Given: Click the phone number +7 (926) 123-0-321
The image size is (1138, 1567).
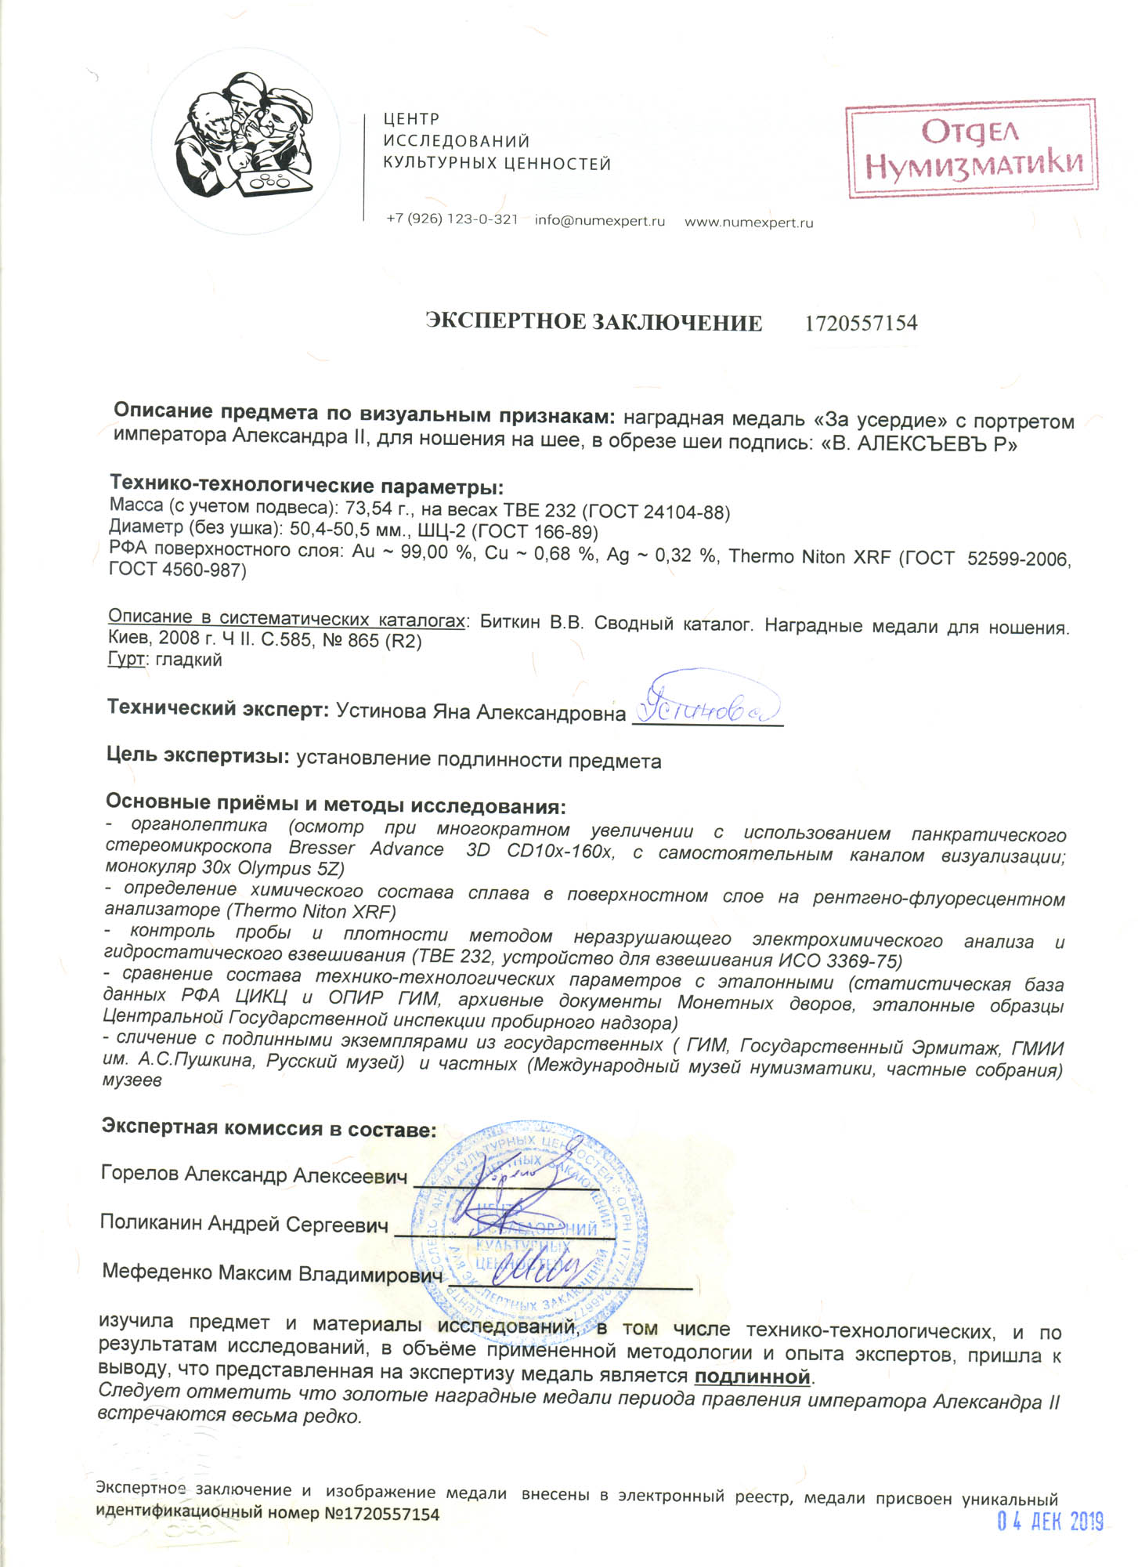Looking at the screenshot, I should click(452, 219).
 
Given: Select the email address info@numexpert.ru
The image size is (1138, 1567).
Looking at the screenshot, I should click(599, 221).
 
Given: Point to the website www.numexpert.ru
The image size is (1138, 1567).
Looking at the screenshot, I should click(749, 223).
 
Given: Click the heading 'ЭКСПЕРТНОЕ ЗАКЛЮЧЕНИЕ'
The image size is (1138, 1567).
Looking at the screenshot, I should click(593, 322).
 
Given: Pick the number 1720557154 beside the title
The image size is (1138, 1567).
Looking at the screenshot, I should click(861, 323).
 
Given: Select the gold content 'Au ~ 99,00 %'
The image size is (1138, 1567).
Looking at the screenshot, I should click(413, 552).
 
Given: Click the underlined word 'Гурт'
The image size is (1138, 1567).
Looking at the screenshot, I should click(125, 659).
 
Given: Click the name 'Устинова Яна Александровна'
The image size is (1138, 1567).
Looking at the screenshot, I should click(480, 711).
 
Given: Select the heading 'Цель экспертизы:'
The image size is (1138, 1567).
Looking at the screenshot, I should click(198, 756).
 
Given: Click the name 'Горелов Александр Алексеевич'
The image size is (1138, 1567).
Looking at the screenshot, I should click(255, 1174).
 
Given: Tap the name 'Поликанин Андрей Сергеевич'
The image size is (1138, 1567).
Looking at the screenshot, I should click(244, 1224).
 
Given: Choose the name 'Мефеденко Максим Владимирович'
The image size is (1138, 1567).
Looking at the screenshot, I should click(271, 1273).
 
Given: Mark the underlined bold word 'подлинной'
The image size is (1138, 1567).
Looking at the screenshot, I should click(751, 1377).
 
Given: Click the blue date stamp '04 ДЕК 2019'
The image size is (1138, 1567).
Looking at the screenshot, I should click(1049, 1522).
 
